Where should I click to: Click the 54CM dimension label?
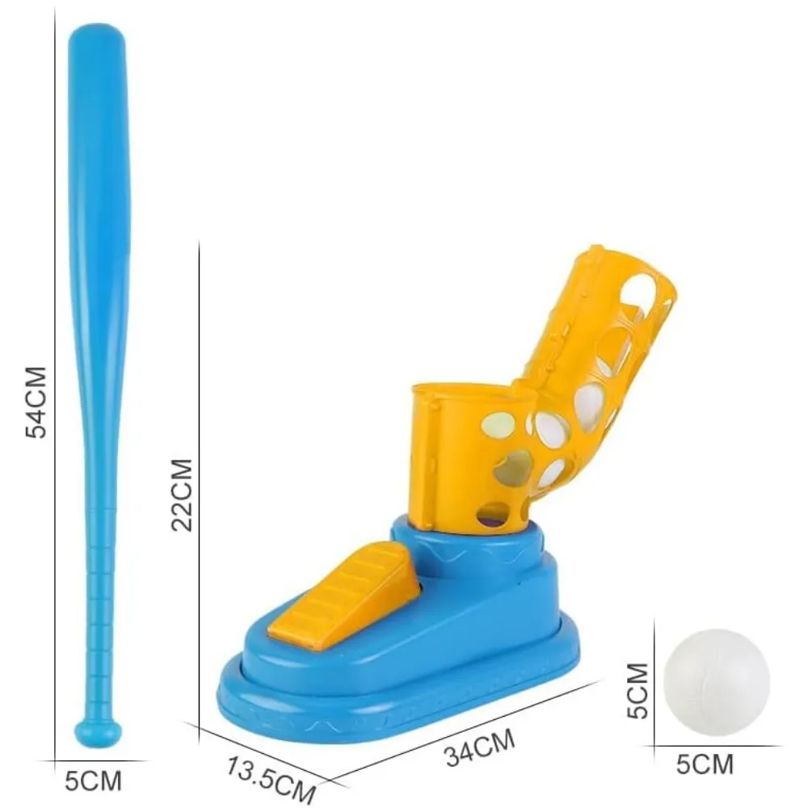[36, 402]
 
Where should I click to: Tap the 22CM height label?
[183, 494]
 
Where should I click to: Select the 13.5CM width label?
[270, 779]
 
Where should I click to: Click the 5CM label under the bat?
[93, 781]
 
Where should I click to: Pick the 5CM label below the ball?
[705, 764]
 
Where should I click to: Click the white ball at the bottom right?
[716, 682]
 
